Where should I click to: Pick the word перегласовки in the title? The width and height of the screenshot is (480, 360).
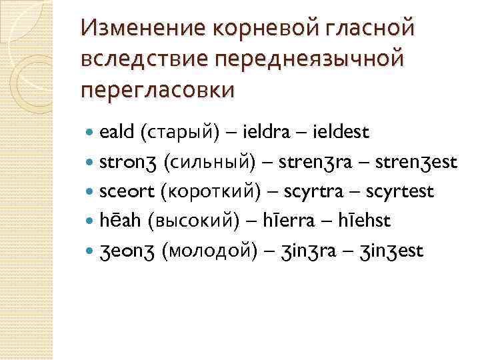[x=157, y=88]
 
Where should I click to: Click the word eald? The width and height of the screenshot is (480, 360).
[x=117, y=133]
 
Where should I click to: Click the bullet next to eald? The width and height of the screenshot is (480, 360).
[x=91, y=133]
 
